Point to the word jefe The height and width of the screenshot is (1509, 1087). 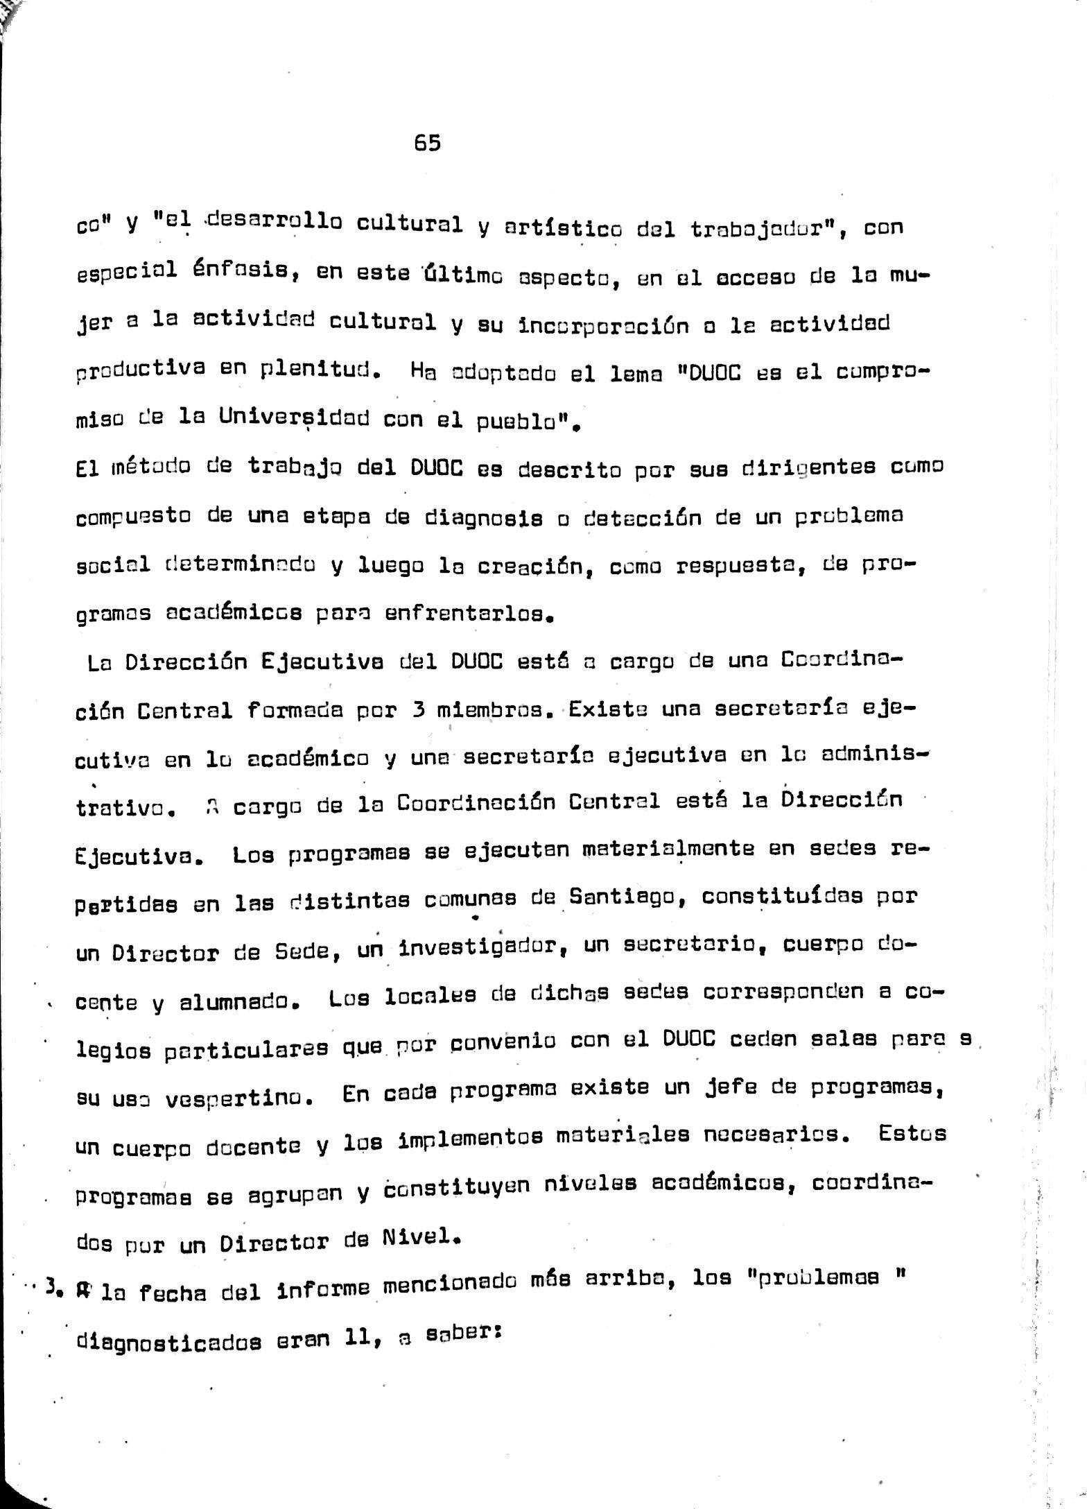click(x=735, y=1090)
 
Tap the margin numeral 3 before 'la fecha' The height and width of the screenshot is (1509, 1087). click(x=50, y=1288)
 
